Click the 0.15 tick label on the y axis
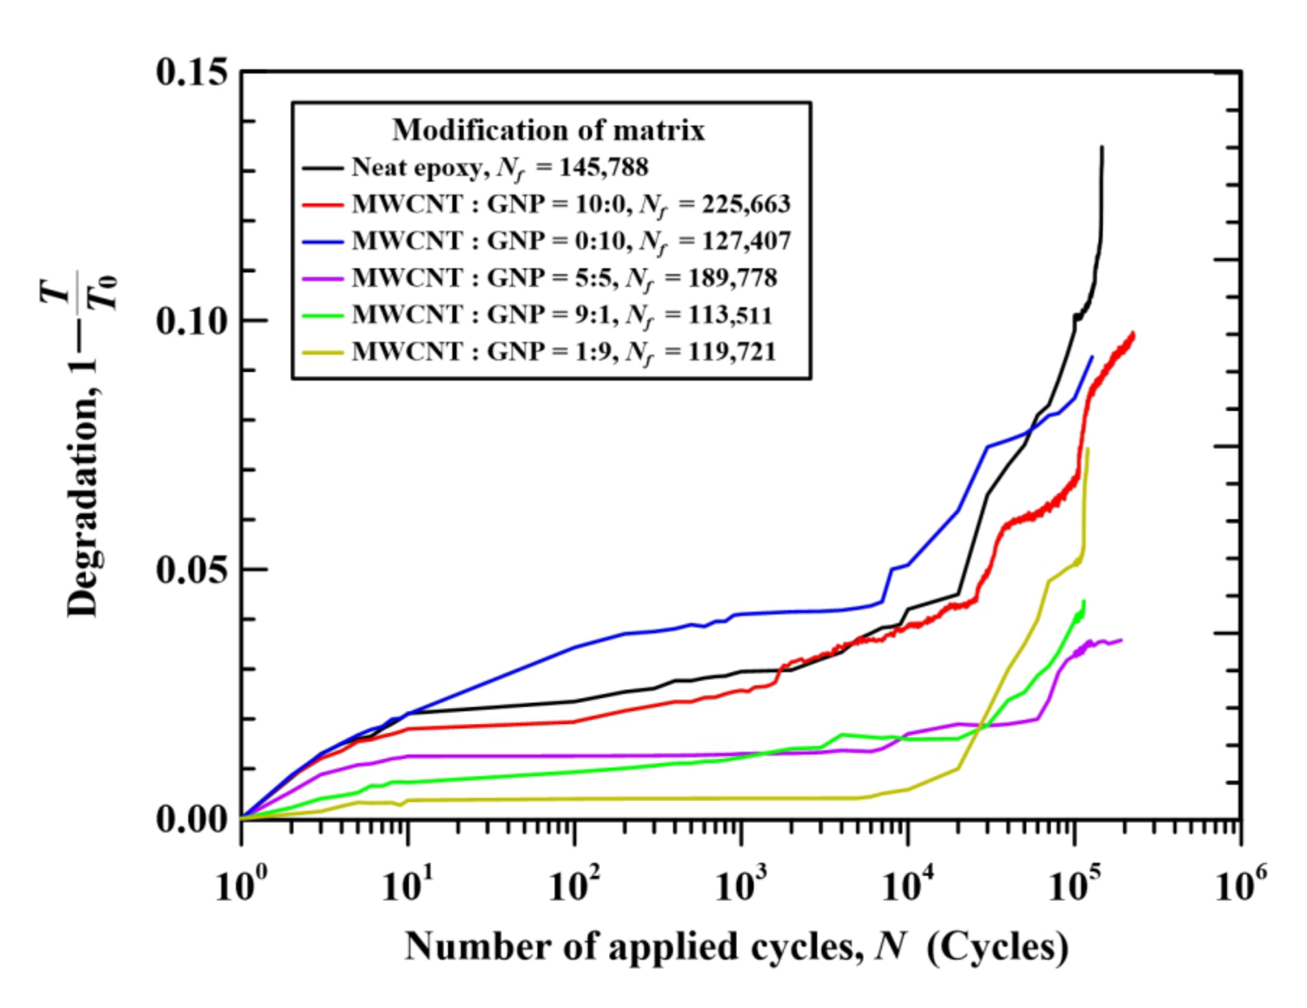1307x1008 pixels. click(x=192, y=72)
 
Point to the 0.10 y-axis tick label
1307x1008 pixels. click(x=192, y=320)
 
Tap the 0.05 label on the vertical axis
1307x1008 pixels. click(x=192, y=570)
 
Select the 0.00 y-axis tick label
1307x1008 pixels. click(x=192, y=819)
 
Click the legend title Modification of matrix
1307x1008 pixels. click(x=548, y=131)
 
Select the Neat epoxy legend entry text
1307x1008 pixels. click(x=417, y=167)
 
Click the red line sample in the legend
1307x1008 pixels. click(x=322, y=205)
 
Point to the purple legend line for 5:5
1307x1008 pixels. click(x=322, y=278)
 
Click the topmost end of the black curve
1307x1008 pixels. click(x=1101, y=147)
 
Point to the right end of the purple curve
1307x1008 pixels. click(x=1121, y=640)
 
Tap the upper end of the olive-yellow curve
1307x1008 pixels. click(x=1088, y=448)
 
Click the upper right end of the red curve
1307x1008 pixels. click(x=1134, y=333)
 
